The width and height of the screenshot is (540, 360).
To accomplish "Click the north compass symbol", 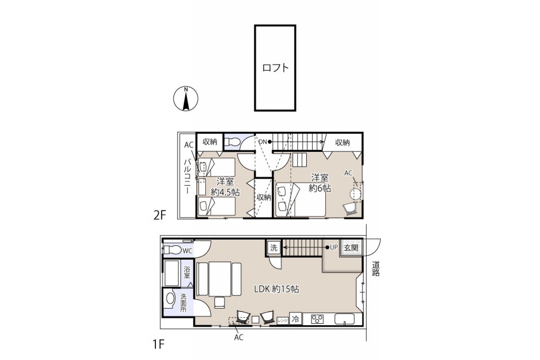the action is [186, 99].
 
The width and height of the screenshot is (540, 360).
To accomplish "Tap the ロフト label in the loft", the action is [275, 68].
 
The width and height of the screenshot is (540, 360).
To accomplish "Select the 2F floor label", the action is [160, 215].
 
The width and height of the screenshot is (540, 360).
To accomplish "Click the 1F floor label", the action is [158, 344].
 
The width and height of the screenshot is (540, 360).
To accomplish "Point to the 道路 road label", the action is [376, 268].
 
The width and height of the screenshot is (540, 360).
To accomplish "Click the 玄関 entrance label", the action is [351, 247].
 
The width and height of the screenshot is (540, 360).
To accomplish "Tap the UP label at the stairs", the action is [334, 247].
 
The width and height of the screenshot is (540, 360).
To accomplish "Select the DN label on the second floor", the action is [263, 142].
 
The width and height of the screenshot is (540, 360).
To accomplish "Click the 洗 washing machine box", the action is [274, 247].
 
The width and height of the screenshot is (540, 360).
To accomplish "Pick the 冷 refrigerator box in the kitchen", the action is [295, 319].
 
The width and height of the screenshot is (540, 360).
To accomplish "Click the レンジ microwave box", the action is [282, 321].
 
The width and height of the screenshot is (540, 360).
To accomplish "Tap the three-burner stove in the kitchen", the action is [317, 319].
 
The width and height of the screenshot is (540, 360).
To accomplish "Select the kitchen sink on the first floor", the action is [345, 319].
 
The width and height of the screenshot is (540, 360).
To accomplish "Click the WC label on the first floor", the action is [187, 251].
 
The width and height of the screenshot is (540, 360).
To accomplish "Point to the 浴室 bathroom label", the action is [187, 272].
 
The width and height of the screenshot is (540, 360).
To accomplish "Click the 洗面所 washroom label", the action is [183, 303].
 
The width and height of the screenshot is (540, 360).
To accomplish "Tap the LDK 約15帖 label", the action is [276, 289].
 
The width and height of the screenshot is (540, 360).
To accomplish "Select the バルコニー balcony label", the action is [187, 176].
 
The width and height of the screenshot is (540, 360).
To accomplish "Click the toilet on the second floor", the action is [232, 142].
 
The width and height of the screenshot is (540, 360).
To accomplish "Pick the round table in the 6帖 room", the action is [355, 194].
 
